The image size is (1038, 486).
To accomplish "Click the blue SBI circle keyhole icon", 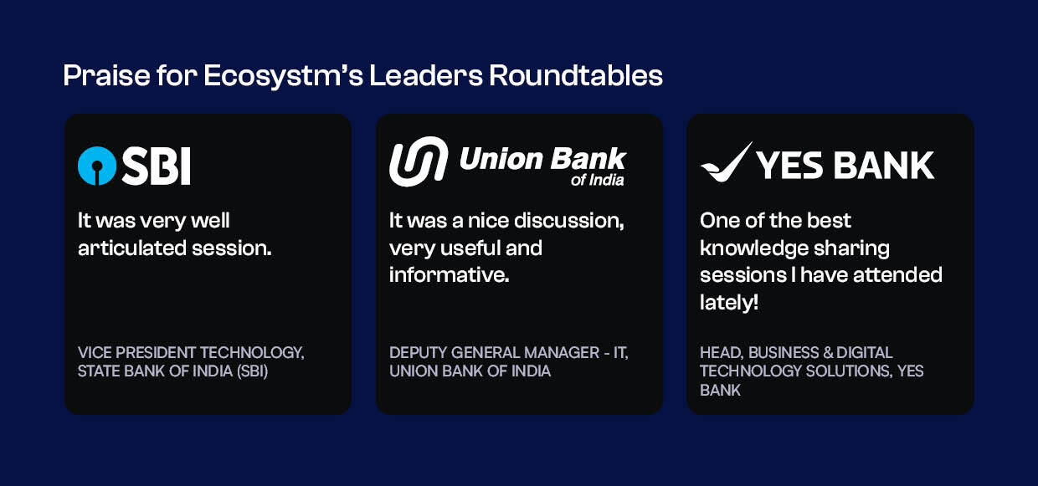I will tap(97, 166).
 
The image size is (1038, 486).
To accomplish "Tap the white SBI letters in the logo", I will tap(156, 166).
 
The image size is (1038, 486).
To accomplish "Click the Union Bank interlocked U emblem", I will tap(419, 161).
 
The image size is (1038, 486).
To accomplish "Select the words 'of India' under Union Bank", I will tap(597, 180).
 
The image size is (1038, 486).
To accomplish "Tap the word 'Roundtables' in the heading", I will tap(576, 76).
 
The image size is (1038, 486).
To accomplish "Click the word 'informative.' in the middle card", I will tap(449, 274).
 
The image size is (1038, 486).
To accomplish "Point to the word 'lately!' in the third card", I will tap(729, 302).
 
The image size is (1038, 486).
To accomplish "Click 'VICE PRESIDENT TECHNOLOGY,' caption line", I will tap(191, 352).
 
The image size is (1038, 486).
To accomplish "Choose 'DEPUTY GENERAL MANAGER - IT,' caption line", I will tap(508, 352).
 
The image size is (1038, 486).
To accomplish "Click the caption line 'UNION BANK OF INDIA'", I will tap(470, 371).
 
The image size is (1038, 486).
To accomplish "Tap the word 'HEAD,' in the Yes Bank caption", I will tap(722, 352).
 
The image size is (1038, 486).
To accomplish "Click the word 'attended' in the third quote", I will tap(900, 275).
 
